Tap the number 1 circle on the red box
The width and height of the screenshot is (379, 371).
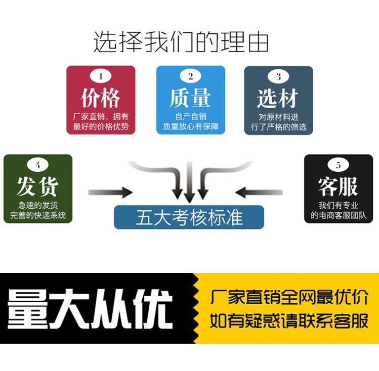[x=101, y=77]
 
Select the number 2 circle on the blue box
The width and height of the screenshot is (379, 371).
[x=191, y=77]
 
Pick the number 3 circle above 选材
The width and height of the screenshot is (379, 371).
[x=278, y=77]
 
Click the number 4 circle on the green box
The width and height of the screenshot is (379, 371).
[x=37, y=165]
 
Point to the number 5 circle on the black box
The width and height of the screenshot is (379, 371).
[x=338, y=165]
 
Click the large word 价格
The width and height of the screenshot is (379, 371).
[x=101, y=98]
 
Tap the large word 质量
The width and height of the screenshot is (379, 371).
[x=190, y=98]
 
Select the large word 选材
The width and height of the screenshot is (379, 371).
[x=278, y=98]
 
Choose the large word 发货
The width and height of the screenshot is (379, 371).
[x=37, y=187]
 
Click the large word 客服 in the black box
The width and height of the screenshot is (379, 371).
[x=338, y=187]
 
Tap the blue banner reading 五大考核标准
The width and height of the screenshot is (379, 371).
[x=189, y=217]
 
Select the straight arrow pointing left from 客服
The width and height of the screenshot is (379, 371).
[x=260, y=192]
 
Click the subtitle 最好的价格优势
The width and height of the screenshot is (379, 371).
[x=101, y=126]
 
